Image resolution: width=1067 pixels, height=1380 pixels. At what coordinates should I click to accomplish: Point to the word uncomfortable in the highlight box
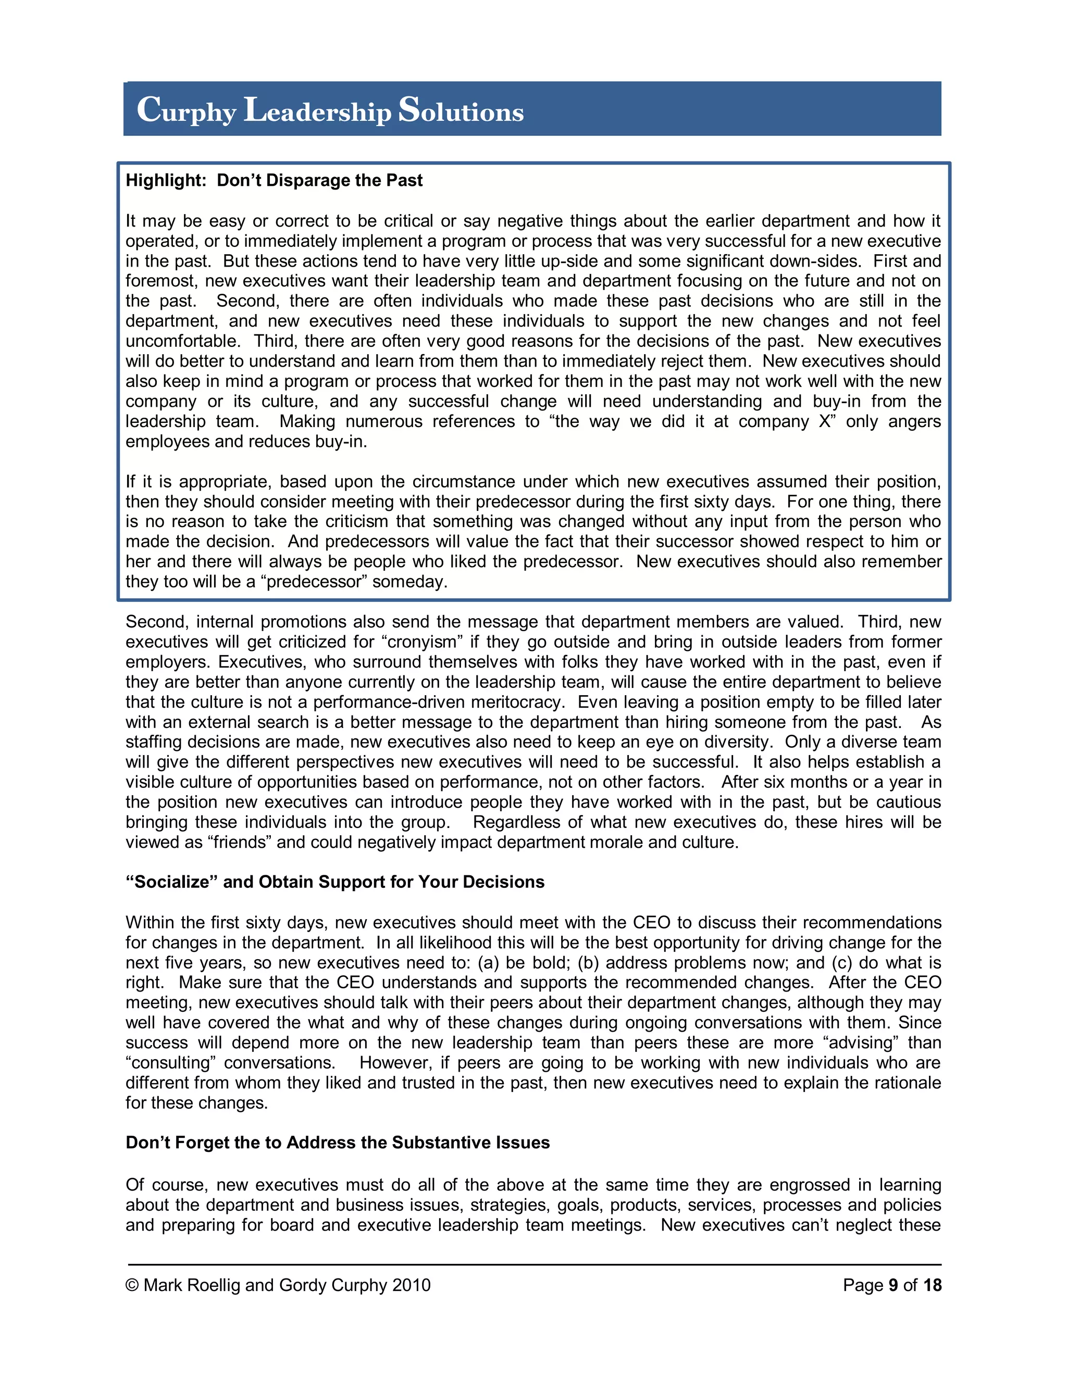(182, 341)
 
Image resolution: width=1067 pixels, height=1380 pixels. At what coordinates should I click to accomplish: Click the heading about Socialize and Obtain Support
(334, 882)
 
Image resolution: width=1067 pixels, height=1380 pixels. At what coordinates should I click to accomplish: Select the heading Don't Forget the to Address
(337, 1143)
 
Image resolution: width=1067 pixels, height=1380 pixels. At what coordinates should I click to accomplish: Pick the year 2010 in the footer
(411, 1285)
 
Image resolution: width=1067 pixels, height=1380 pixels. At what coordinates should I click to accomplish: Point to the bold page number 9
(893, 1285)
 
